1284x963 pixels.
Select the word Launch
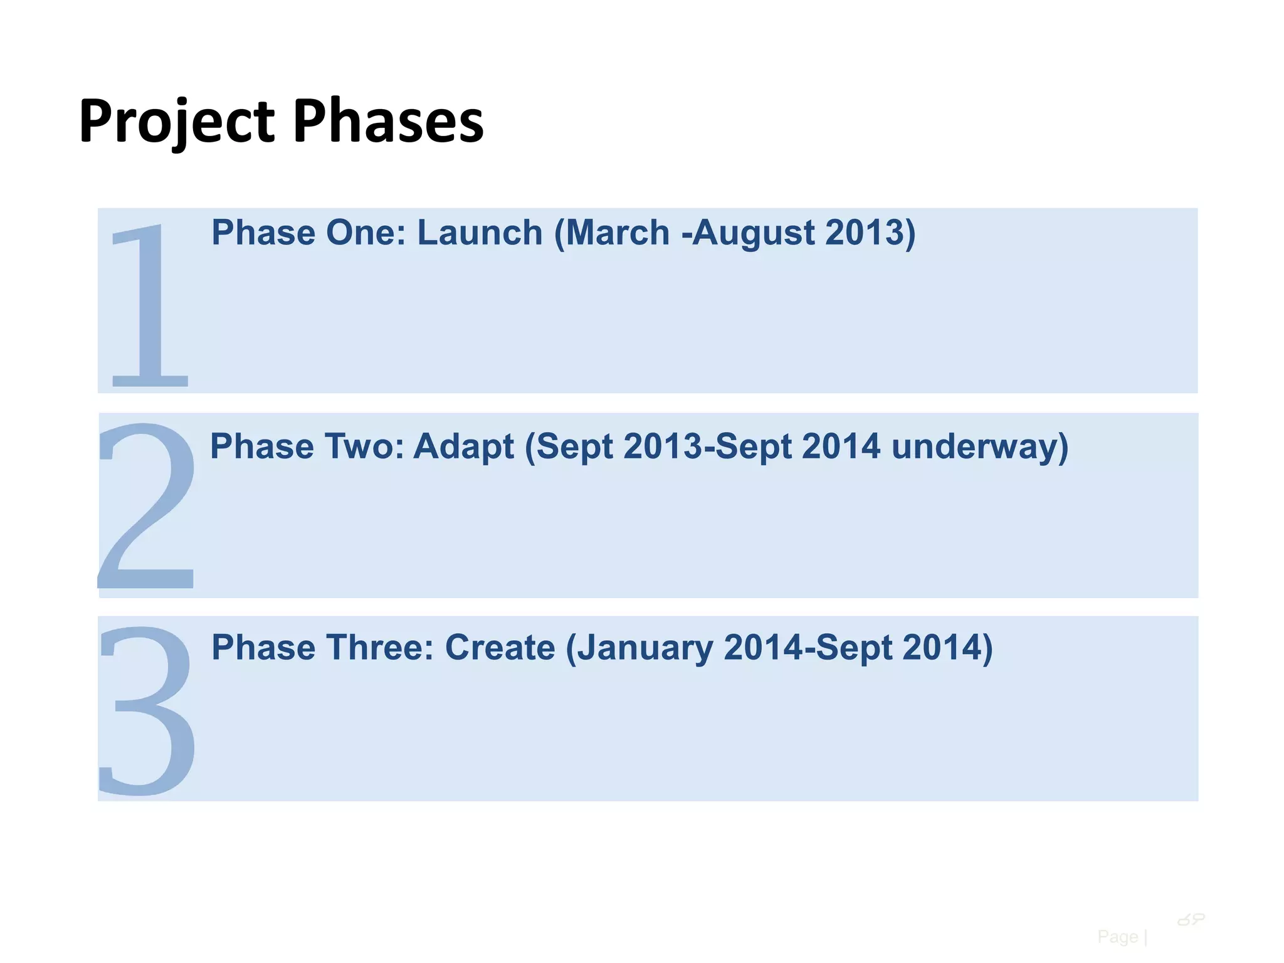480,233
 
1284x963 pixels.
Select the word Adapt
463,446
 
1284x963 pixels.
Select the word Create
500,647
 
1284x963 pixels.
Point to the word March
618,233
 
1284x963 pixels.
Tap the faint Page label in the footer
1117,937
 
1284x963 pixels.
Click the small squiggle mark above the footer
1191,920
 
